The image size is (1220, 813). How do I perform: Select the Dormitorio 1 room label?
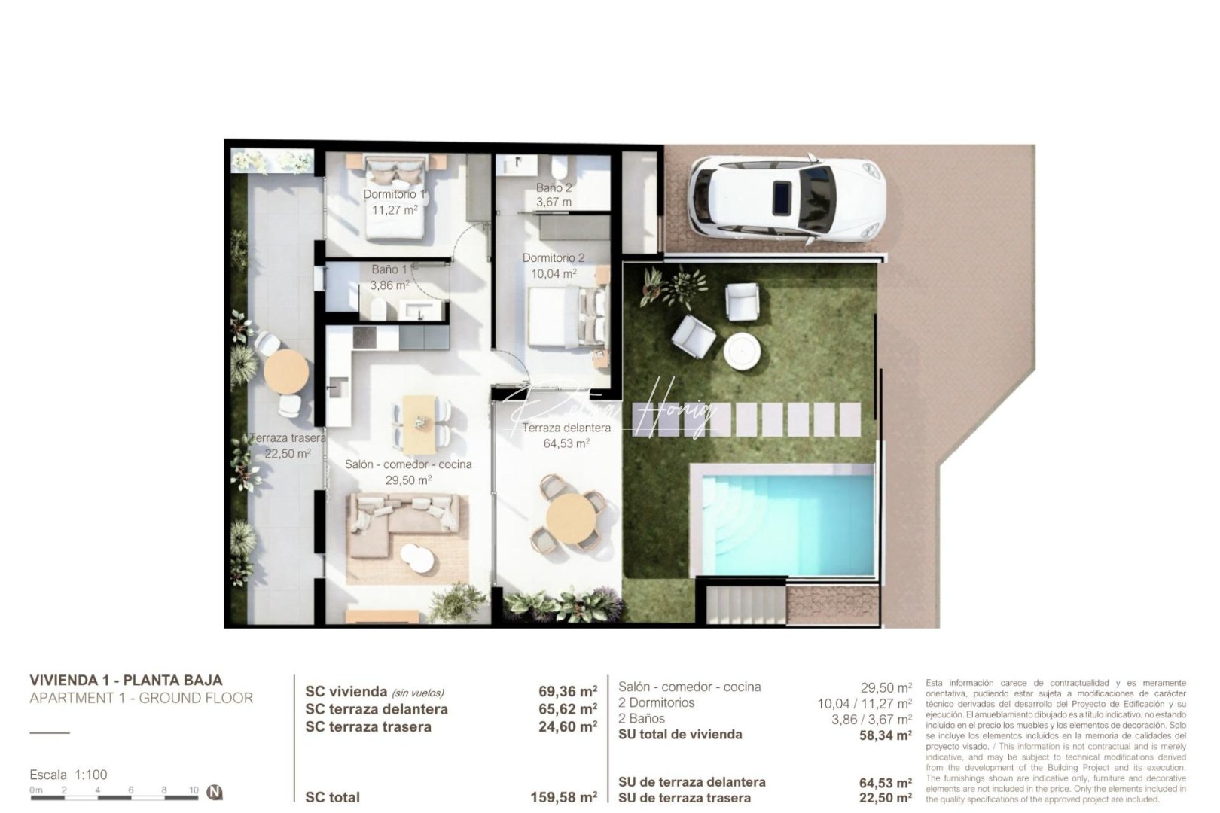(x=394, y=194)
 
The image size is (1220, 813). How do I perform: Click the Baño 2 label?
(x=554, y=187)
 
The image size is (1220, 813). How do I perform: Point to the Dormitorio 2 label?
(x=554, y=258)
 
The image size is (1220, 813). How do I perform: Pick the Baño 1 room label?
(x=389, y=269)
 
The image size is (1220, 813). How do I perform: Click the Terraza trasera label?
(x=288, y=438)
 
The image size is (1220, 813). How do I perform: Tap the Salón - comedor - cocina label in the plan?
(x=408, y=464)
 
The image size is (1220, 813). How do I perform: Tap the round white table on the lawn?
(x=743, y=350)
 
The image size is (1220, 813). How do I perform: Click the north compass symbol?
(x=215, y=792)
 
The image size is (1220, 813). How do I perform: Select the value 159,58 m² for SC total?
(x=564, y=797)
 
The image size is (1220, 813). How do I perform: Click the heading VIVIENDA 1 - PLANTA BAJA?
(x=126, y=681)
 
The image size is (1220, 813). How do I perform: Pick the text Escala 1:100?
(x=69, y=775)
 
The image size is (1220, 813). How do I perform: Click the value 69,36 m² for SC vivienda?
(x=568, y=691)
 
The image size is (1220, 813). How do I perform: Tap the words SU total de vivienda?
(x=680, y=735)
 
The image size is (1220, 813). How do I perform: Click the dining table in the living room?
(x=419, y=424)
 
